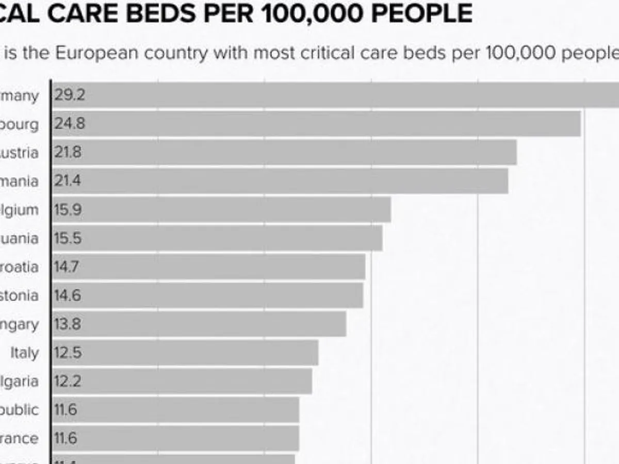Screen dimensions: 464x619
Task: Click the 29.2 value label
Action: (x=70, y=96)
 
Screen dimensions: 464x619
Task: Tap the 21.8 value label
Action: (x=68, y=153)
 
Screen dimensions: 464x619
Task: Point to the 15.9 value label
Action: (x=68, y=210)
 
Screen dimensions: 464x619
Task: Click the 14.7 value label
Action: (x=68, y=267)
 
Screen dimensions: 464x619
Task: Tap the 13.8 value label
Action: (x=68, y=324)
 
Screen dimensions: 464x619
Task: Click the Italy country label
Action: (x=25, y=353)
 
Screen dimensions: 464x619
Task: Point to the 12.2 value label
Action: (x=68, y=382)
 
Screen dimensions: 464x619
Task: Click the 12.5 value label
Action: (x=68, y=353)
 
